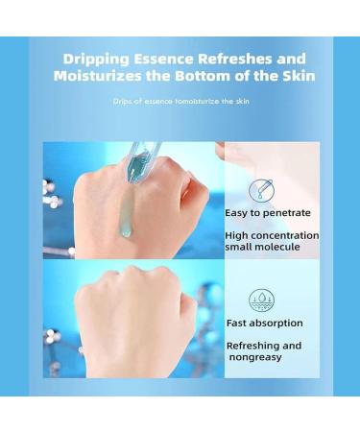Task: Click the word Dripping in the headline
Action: pyautogui.click(x=96, y=60)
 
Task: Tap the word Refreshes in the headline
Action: pyautogui.click(x=235, y=59)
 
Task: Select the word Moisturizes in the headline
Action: pyautogui.click(x=98, y=76)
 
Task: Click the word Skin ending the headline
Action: pyautogui.click(x=299, y=76)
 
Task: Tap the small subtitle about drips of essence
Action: pyautogui.click(x=180, y=102)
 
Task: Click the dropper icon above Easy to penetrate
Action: pyautogui.click(x=261, y=190)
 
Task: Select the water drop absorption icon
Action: pyautogui.click(x=261, y=300)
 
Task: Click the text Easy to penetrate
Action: pyautogui.click(x=268, y=213)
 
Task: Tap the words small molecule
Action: pyautogui.click(x=262, y=247)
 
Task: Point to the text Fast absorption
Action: pyautogui.click(x=265, y=324)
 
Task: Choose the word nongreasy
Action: pyautogui.click(x=255, y=357)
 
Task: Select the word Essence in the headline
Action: pyautogui.click(x=163, y=59)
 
